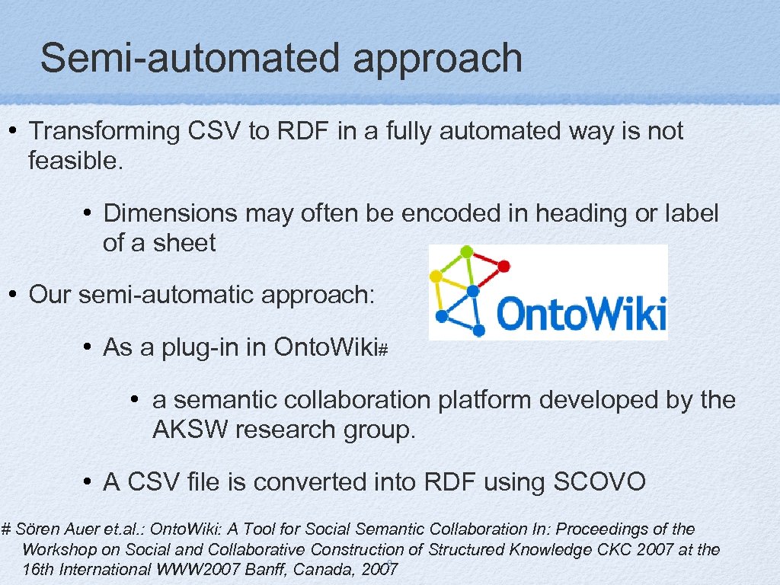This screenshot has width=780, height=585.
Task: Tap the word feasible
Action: pos(75,161)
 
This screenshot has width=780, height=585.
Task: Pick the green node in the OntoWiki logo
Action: pos(466,251)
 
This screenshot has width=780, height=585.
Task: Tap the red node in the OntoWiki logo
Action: pos(503,266)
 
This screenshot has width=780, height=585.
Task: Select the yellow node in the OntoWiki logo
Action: pos(436,277)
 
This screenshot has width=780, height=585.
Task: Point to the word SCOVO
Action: pos(599,482)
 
